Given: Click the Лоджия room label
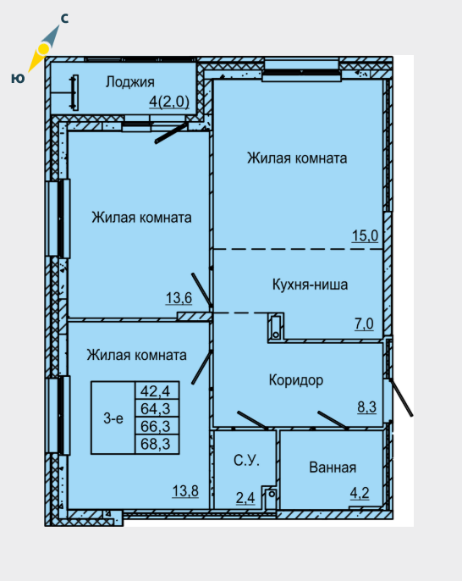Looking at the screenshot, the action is [130, 82].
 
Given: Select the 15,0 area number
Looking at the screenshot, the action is [365, 235].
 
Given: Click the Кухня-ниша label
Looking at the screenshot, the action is [311, 285].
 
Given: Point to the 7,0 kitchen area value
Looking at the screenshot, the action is [364, 324].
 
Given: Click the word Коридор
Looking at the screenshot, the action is [296, 380].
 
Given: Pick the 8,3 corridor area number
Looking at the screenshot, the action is [367, 407].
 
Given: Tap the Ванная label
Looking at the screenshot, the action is [333, 468].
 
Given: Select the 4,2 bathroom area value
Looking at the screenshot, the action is [360, 493].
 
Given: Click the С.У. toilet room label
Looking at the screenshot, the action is [246, 460].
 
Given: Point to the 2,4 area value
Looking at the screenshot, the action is [245, 498].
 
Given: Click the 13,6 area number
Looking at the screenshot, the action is [179, 297].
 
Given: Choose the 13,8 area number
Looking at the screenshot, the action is [185, 491].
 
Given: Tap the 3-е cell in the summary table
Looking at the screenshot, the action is [113, 418].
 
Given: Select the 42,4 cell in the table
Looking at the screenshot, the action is [156, 391].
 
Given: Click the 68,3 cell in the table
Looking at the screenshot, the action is [156, 444].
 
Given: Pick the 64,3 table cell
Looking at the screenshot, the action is [156, 409].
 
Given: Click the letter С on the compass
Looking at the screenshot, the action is [64, 18].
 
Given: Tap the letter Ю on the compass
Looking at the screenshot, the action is [18, 78].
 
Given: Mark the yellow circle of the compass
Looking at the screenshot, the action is [44, 48].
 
